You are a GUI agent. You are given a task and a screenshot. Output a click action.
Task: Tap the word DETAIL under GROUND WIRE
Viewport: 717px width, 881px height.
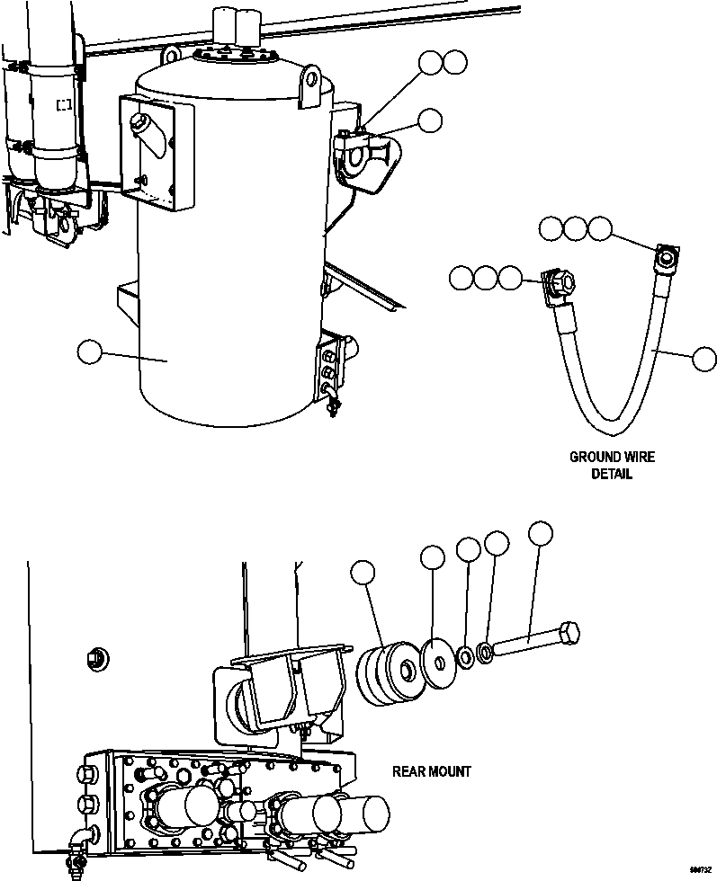pos(612,474)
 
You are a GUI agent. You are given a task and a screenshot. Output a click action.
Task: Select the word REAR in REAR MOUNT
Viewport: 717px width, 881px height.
pos(409,771)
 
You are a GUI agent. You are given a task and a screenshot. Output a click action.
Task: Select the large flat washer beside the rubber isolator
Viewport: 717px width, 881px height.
pos(435,663)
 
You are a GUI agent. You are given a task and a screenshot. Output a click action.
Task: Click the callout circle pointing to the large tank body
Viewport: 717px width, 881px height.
pos(90,352)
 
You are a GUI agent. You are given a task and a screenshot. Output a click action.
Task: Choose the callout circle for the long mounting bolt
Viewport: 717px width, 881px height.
pos(540,533)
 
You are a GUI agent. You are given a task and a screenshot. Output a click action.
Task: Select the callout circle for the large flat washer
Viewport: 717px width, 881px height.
pos(433,557)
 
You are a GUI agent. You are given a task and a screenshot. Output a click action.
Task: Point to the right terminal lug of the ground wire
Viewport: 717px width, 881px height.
pos(666,259)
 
